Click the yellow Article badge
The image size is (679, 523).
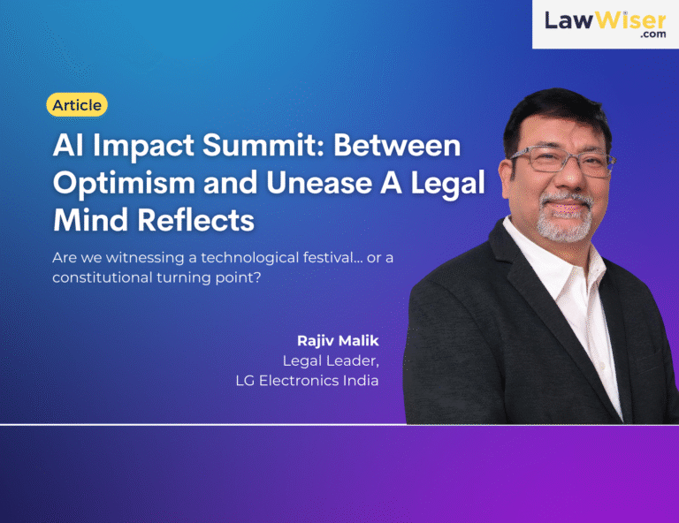point(77,104)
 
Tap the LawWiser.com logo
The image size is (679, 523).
point(606,24)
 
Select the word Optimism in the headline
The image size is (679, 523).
point(125,183)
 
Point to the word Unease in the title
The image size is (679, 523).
point(319,183)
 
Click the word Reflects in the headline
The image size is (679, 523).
point(195,220)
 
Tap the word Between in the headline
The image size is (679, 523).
point(397,145)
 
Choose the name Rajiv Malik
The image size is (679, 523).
point(338,341)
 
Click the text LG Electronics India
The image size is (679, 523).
point(307,381)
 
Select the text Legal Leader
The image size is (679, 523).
point(331,360)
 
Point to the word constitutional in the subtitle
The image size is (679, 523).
point(103,277)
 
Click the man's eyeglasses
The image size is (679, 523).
point(563,161)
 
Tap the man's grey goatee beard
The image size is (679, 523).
point(565,217)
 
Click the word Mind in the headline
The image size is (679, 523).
point(90,220)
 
